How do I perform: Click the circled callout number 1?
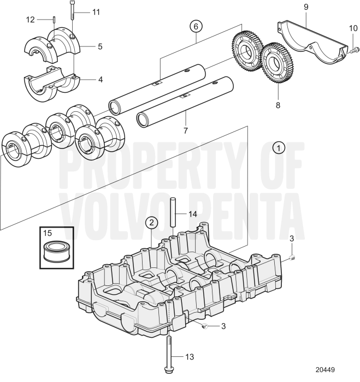click(279, 147)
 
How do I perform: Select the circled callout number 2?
click(151, 222)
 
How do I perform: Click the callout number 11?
click(96, 11)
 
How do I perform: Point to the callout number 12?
click(30, 20)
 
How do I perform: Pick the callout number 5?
click(100, 46)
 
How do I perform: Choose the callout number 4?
click(100, 79)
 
